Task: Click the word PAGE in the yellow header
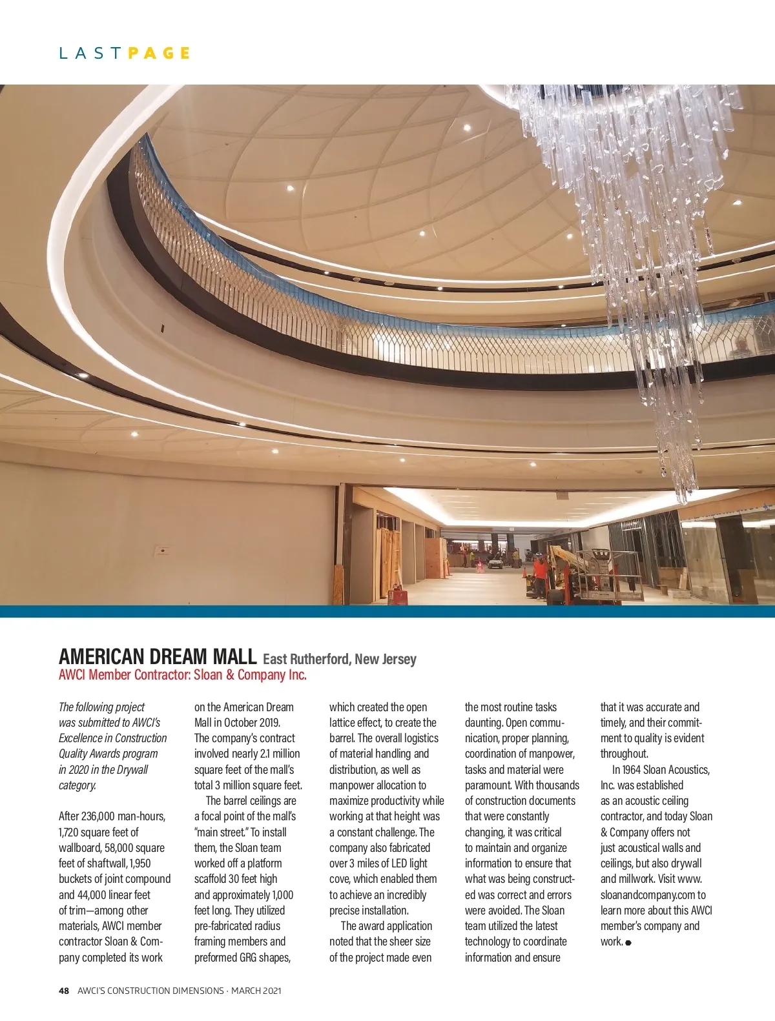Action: pos(159,53)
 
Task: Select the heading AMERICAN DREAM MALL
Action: pos(157,656)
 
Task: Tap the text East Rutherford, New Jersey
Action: pos(340,659)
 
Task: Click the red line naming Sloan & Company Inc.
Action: pos(183,675)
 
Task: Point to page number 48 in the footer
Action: pos(64,991)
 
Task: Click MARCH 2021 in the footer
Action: pos(256,991)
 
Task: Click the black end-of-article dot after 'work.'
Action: pos(628,943)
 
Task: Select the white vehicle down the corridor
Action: pos(495,563)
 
